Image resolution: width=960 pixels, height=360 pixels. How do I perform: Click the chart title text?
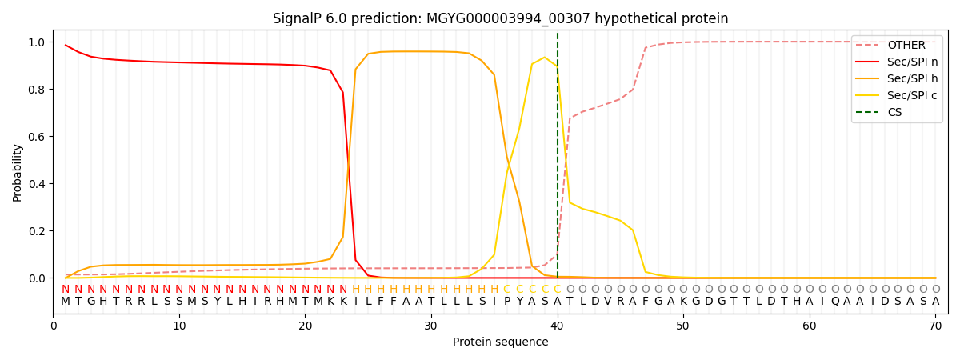[x=500, y=18]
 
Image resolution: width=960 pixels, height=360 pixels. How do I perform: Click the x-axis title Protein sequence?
[x=500, y=342]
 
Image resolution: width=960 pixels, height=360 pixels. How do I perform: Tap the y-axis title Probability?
[x=18, y=173]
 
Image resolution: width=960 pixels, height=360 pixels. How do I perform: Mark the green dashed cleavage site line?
[x=558, y=160]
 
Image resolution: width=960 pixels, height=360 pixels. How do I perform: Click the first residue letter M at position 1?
[x=66, y=302]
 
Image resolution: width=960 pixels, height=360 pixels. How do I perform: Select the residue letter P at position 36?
[x=506, y=302]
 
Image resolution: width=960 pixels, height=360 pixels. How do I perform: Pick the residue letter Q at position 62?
[x=834, y=302]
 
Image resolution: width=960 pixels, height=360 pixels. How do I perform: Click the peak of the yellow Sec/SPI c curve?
[x=544, y=58]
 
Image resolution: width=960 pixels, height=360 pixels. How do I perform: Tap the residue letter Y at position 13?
[x=217, y=302]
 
